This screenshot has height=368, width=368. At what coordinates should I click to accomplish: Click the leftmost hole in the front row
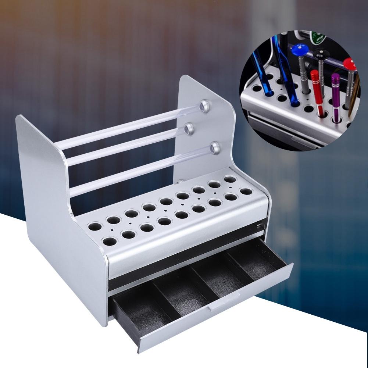click(x=110, y=241)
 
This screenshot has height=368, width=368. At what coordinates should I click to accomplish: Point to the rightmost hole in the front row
click(x=246, y=192)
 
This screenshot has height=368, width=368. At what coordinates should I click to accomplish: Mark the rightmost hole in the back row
click(x=230, y=179)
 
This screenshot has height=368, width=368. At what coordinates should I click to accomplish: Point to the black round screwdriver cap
click(x=321, y=54)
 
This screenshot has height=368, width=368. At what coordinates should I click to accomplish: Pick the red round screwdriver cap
click(x=350, y=63)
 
